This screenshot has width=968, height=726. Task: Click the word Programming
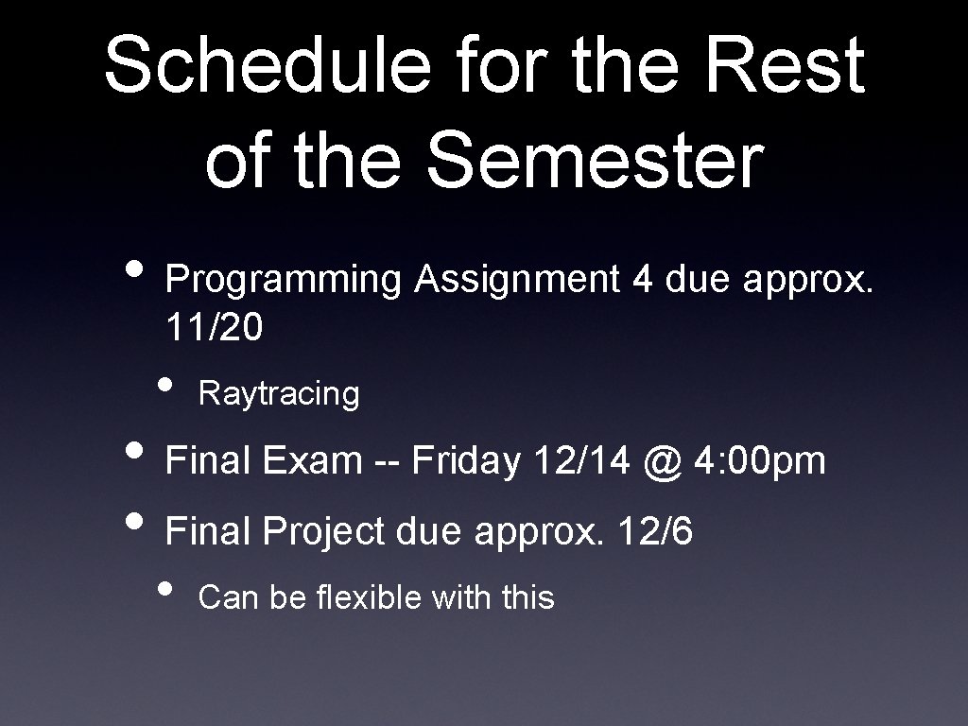[285, 280]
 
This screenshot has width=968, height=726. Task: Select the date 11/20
[215, 328]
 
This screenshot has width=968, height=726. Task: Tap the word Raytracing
[280, 395]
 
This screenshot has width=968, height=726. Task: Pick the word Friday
[466, 461]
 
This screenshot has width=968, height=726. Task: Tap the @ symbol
[659, 461]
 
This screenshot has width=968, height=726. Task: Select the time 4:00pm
[760, 461]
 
